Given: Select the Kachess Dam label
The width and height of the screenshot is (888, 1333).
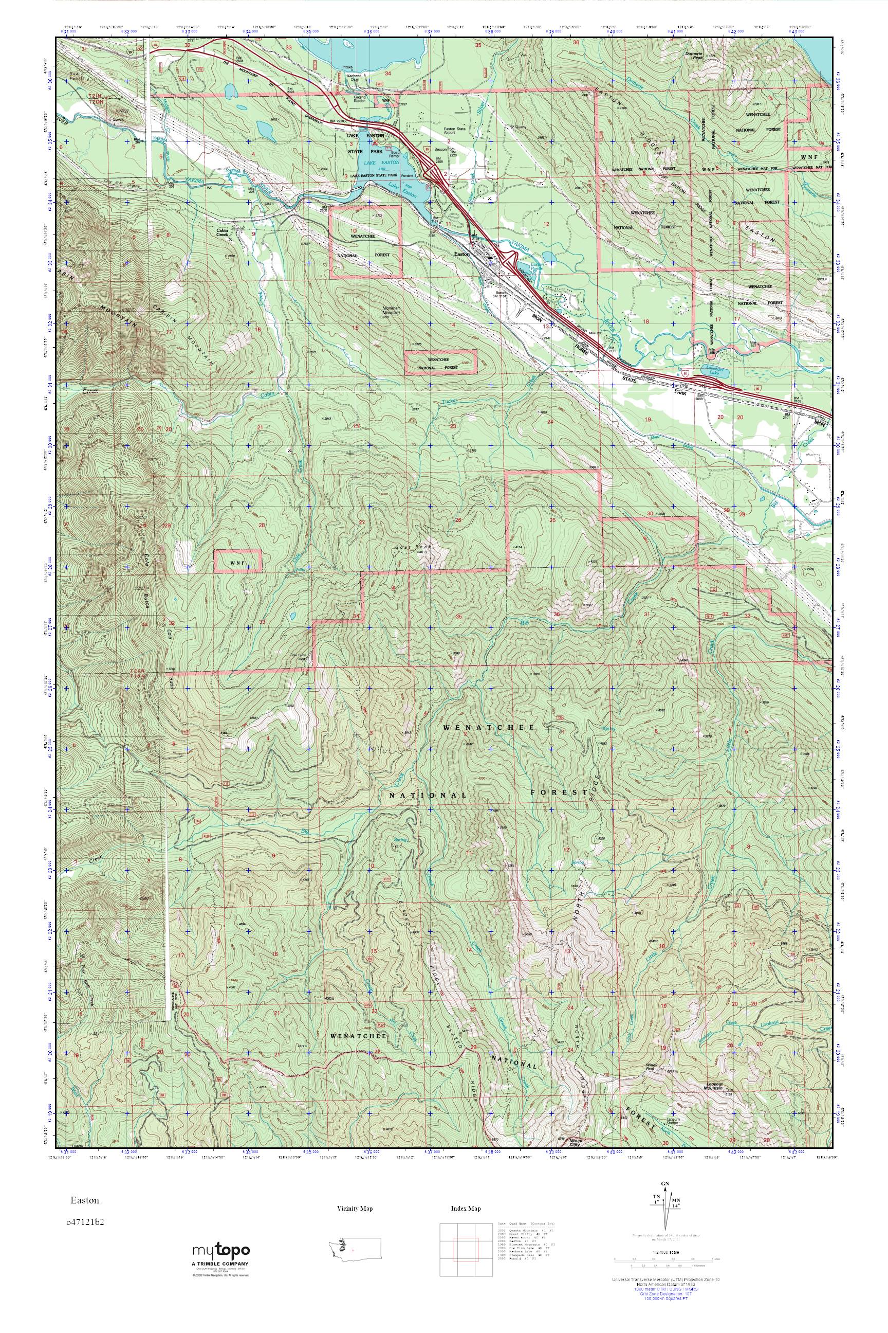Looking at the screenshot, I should pos(354,76).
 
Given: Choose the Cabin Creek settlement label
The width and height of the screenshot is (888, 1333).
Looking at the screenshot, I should pos(222,232).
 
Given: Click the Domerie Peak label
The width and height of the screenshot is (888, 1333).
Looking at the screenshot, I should pos(692,56).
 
